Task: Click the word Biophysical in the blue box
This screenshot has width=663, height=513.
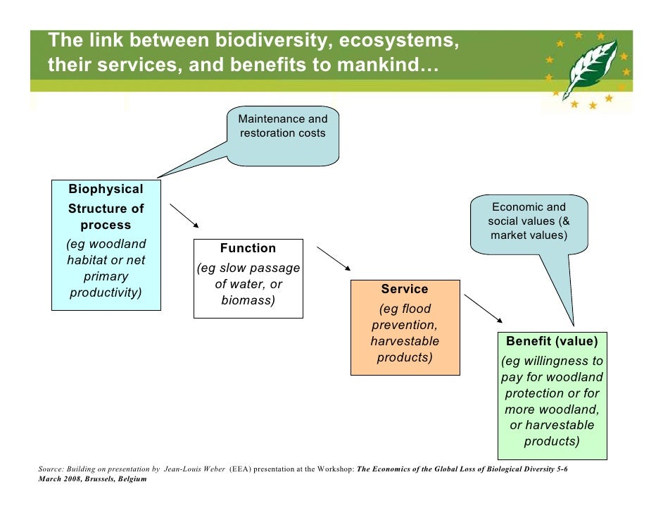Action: point(106,189)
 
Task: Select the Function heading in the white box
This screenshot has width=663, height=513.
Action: point(248,248)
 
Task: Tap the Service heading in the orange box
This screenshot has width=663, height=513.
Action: point(405,289)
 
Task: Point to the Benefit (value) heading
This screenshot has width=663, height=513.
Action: point(552,341)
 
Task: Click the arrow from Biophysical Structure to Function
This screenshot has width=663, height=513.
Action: point(184,216)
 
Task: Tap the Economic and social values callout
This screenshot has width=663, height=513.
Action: point(529,221)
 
